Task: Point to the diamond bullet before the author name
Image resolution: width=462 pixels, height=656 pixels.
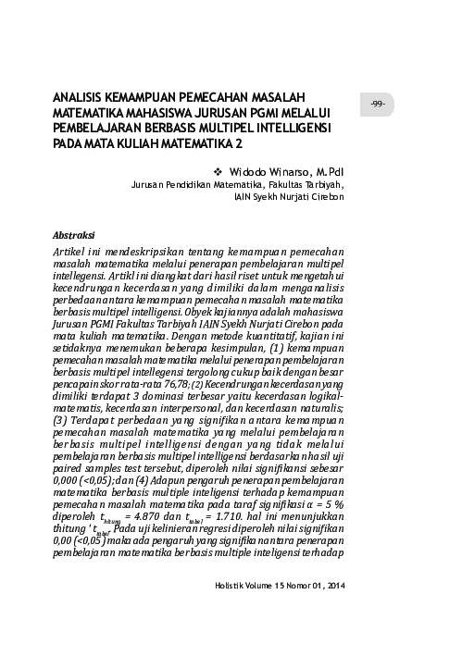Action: (219, 171)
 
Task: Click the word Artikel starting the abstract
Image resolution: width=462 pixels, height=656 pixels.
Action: (74, 251)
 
